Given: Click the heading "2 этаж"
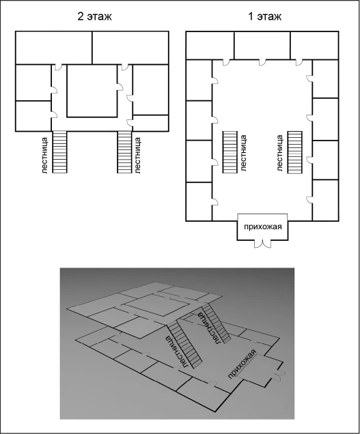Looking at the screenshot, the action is click(x=94, y=16).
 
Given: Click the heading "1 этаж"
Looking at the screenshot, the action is click(x=264, y=16).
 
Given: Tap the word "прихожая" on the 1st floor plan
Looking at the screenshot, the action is click(x=262, y=227).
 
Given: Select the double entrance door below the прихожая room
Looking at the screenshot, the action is click(x=262, y=244).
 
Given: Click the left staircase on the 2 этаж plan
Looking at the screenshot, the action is click(x=59, y=152).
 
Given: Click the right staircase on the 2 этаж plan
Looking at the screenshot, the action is click(x=124, y=152).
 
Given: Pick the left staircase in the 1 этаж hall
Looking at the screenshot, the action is click(x=230, y=152).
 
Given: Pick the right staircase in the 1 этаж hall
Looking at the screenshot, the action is click(x=295, y=152).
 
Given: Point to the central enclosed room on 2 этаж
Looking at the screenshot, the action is click(x=92, y=91).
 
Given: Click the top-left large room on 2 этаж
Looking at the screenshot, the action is click(x=54, y=48).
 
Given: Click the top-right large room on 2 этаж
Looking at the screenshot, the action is click(x=130, y=48).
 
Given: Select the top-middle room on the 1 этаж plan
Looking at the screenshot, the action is click(x=262, y=46).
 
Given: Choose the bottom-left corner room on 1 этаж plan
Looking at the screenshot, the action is click(x=199, y=201).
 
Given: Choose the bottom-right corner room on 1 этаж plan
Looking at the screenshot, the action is click(x=325, y=201).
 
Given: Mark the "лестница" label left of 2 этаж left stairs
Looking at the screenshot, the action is click(x=45, y=156).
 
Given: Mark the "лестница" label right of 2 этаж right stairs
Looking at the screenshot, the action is click(x=137, y=156).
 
